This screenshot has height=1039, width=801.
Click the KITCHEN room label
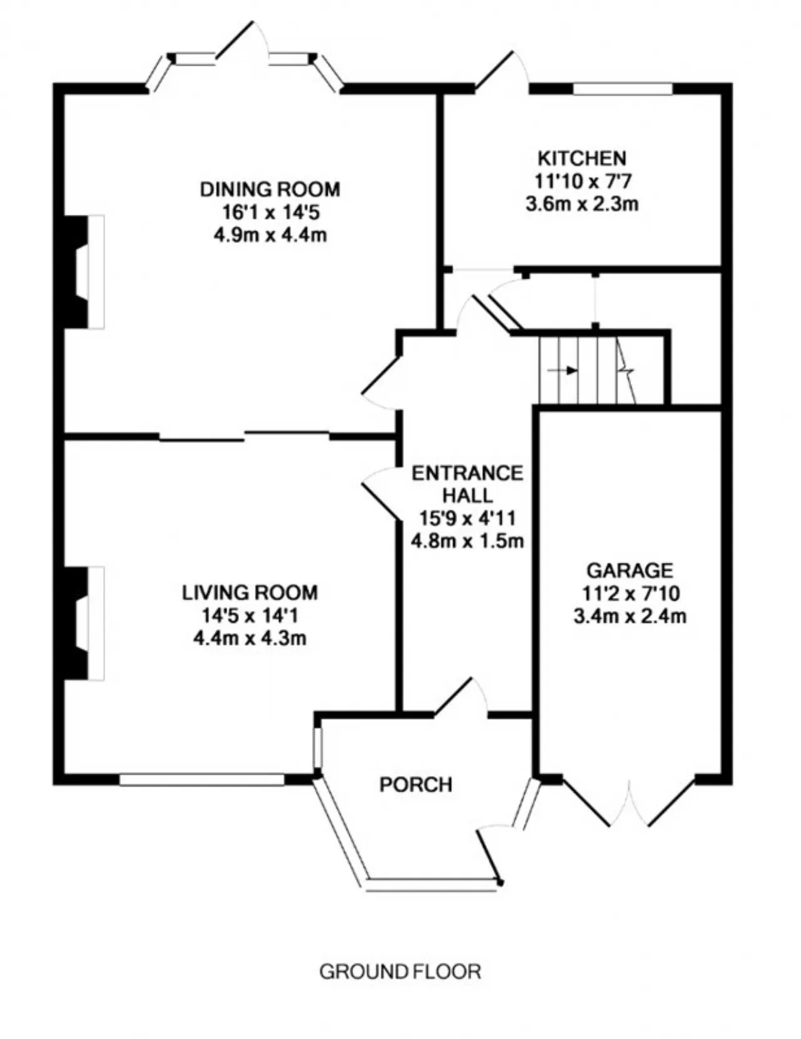tap(582, 158)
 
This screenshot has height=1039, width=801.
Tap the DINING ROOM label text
tap(270, 189)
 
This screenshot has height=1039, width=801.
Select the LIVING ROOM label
tap(250, 593)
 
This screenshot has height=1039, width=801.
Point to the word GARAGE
tap(630, 571)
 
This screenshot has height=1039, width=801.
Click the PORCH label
tap(416, 785)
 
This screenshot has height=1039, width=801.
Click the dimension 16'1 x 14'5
tap(270, 212)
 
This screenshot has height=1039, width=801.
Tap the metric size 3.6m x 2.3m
tap(582, 204)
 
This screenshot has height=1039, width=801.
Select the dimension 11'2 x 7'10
tap(630, 593)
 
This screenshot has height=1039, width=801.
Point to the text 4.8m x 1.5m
tap(467, 540)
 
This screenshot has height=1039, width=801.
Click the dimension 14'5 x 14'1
tap(250, 616)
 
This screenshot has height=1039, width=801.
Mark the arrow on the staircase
tap(563, 370)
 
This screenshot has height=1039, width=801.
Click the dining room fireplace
tap(84, 272)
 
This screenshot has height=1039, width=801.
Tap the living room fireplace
tap(84, 623)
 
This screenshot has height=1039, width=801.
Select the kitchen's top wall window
tap(623, 89)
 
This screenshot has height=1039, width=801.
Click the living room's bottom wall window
tap(202, 780)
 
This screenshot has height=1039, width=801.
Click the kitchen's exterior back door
tap(501, 70)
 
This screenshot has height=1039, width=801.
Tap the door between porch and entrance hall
tap(461, 698)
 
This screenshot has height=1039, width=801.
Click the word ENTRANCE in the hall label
tap(467, 473)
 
